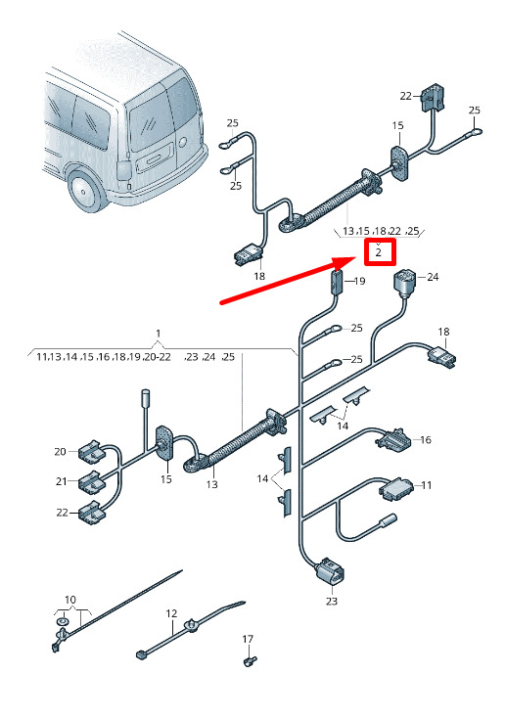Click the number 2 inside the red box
click(x=379, y=251)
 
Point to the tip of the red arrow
click(x=356, y=258)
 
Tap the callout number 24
click(x=433, y=277)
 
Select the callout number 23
click(x=332, y=601)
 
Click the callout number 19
click(x=359, y=281)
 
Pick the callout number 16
click(x=426, y=440)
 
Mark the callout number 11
click(x=427, y=485)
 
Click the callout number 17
click(x=248, y=639)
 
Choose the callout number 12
click(x=171, y=613)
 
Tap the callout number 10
click(x=70, y=600)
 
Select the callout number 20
click(x=60, y=452)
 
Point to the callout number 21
click(x=62, y=481)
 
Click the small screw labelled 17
click(x=249, y=660)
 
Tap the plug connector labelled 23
click(x=330, y=572)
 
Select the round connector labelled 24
click(x=404, y=282)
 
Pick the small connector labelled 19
click(x=337, y=280)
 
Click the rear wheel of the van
click(x=87, y=192)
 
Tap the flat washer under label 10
click(x=62, y=621)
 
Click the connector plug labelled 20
click(x=92, y=452)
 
